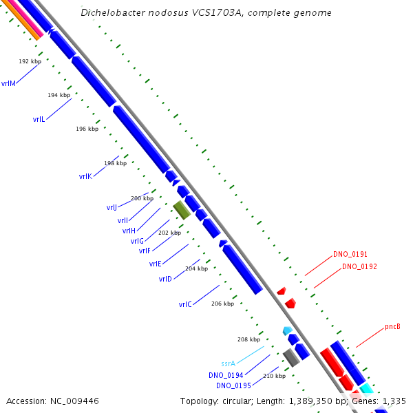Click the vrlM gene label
tap(8, 84)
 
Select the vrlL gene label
tap(39, 119)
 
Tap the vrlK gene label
tap(85, 176)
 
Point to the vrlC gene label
tap(185, 304)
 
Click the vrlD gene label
tap(165, 279)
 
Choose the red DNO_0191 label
tap(350, 254)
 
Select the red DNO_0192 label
tap(359, 266)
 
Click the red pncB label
tap(392, 326)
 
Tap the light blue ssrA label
tap(229, 363)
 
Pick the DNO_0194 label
tap(225, 375)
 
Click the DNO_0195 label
tap(233, 385)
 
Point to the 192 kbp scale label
tap(30, 61)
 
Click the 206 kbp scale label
tap(222, 304)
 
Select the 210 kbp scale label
tap(274, 376)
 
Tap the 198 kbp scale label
tap(115, 163)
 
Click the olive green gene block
tap(182, 210)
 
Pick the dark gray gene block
tap(291, 357)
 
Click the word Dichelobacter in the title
tap(113, 13)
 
